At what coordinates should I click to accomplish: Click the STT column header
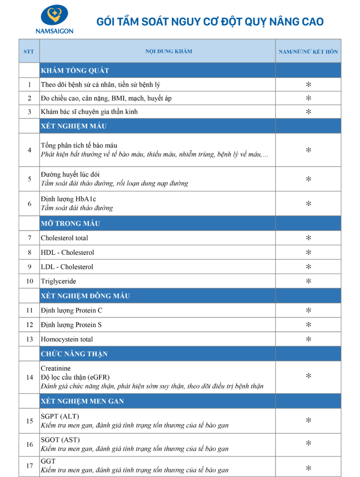(29, 51)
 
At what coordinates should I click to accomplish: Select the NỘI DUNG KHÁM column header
(169, 51)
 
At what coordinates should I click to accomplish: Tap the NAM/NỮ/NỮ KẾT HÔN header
(308, 52)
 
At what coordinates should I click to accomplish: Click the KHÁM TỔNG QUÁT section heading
(75, 70)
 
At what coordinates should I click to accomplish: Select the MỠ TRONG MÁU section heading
(70, 223)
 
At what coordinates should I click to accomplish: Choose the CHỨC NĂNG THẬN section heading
(74, 354)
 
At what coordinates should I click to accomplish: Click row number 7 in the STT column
(29, 238)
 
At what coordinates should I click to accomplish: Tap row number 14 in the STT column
(29, 377)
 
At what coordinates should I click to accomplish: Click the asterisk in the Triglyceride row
(308, 281)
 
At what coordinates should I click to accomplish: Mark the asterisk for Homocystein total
(308, 339)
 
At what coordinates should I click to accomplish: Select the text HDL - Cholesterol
(68, 252)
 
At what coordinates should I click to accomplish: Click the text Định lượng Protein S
(71, 325)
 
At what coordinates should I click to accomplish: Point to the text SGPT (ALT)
(60, 416)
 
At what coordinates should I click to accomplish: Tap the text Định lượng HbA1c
(68, 199)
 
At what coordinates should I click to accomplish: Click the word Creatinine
(56, 368)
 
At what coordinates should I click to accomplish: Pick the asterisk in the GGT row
(308, 467)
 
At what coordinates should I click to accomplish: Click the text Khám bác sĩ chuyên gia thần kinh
(89, 112)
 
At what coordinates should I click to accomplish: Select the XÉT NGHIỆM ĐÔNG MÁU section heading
(85, 296)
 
